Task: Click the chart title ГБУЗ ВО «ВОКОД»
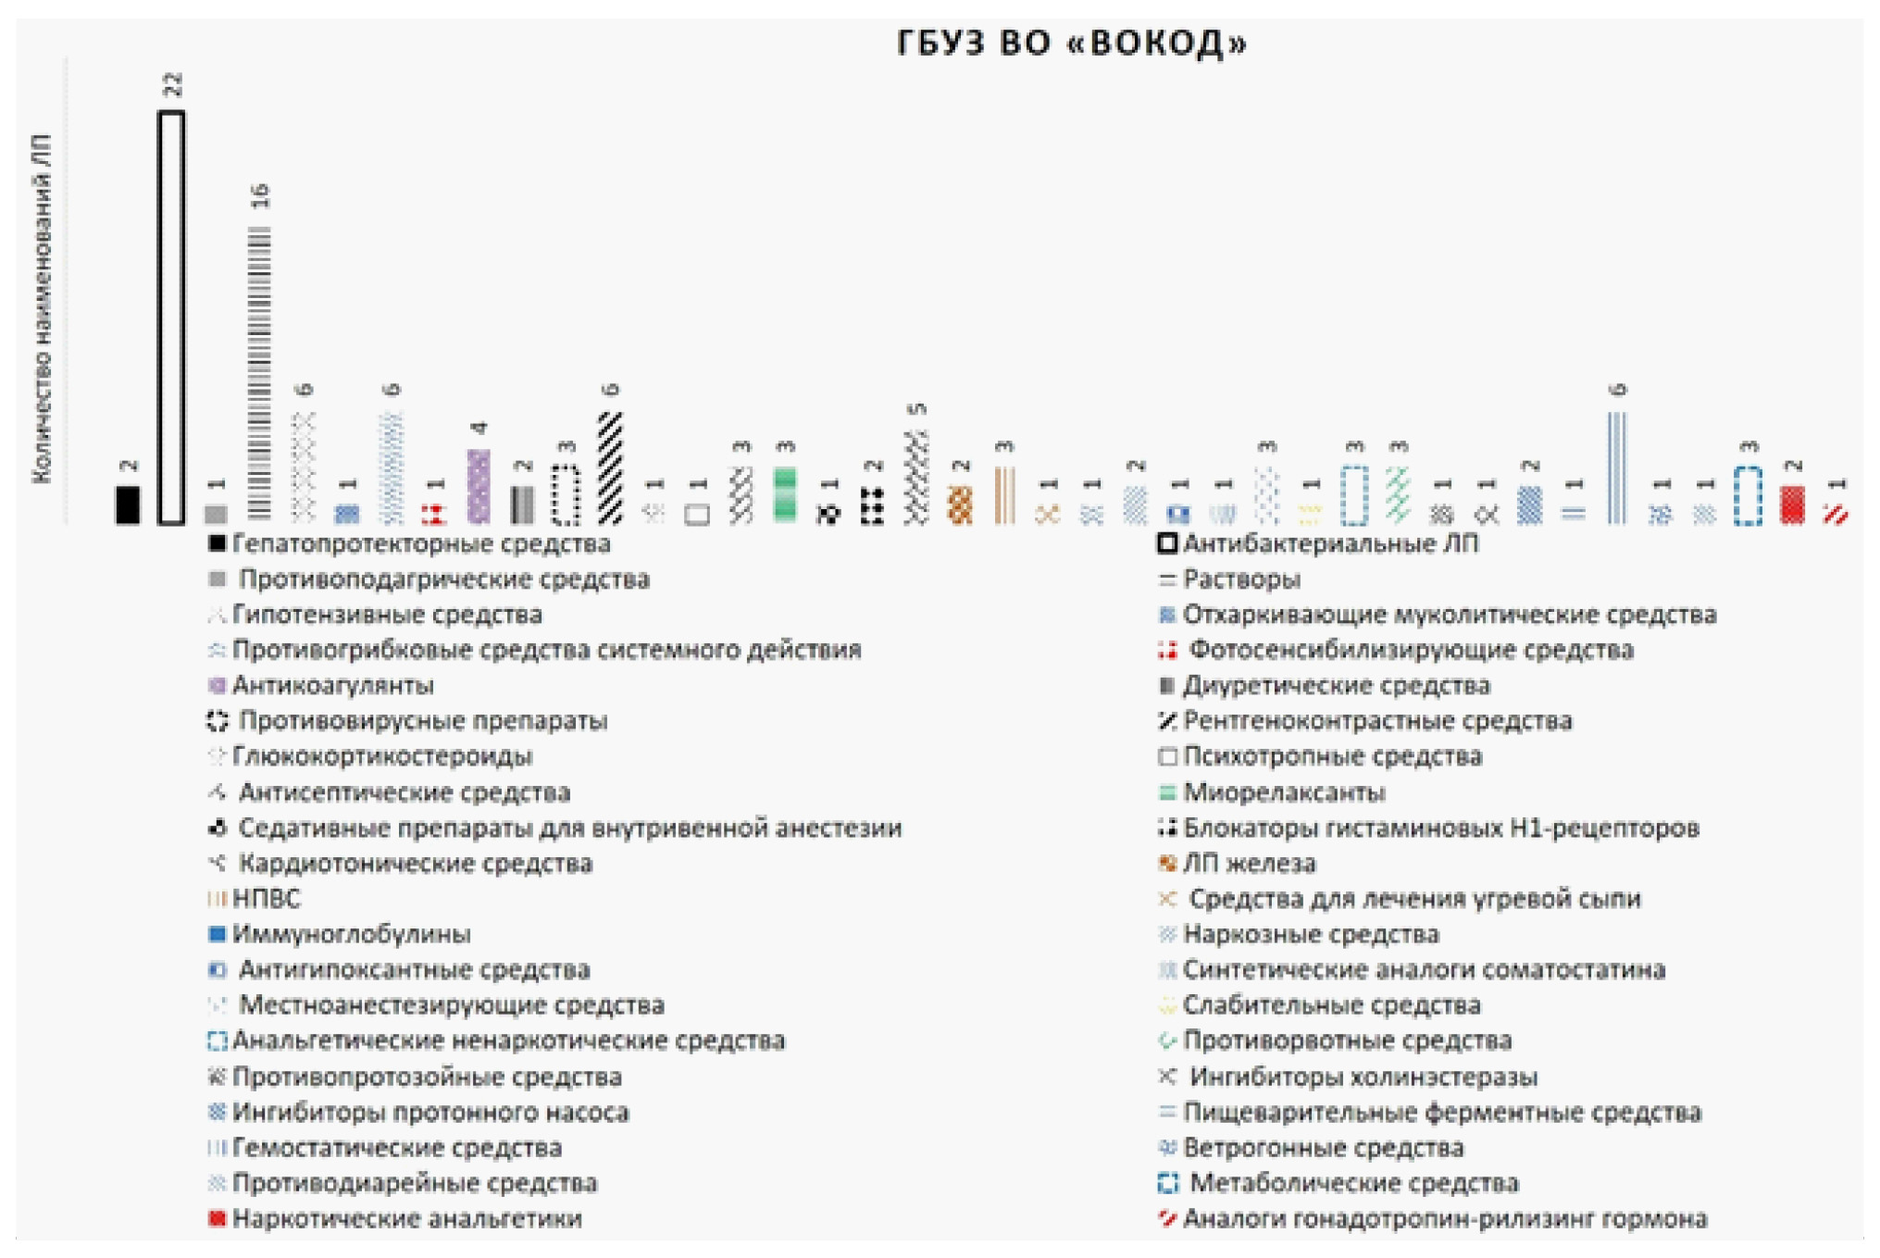coord(1072,44)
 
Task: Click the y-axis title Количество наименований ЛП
coord(42,307)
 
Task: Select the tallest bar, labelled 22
coord(171,317)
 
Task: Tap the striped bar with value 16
coord(260,373)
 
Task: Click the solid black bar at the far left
coord(128,504)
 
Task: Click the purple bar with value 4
coord(478,486)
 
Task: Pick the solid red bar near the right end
coord(1792,504)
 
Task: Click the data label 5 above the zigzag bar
coord(917,409)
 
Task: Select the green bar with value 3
coord(784,495)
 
